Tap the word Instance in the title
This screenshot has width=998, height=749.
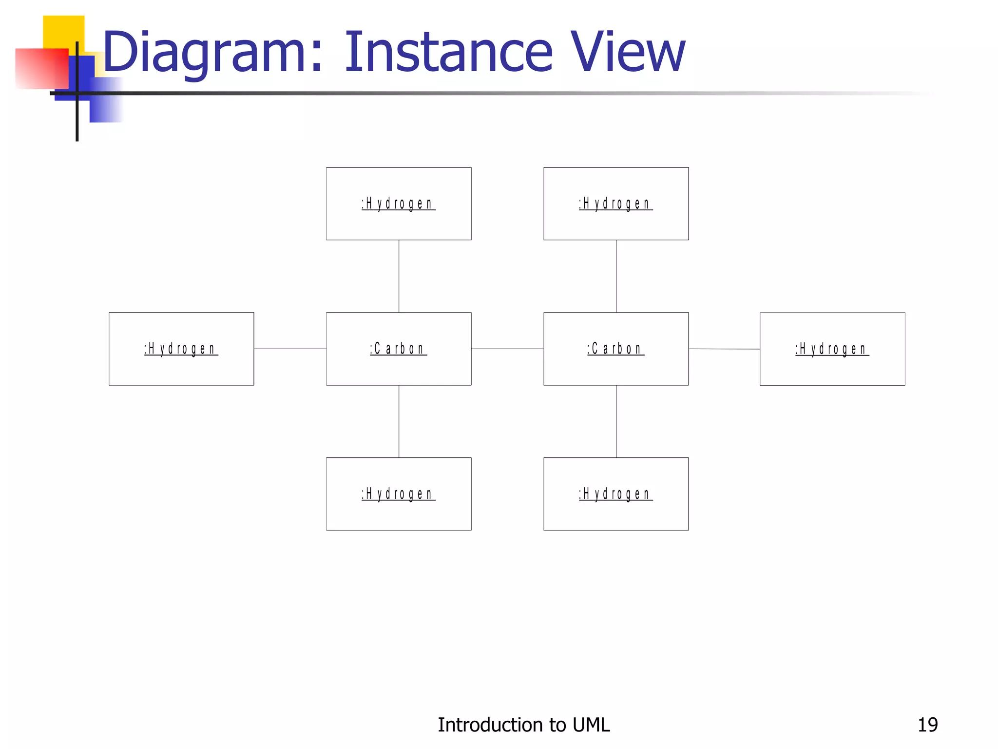pos(448,52)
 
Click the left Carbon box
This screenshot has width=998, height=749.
pos(399,349)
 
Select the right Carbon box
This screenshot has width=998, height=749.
pos(616,349)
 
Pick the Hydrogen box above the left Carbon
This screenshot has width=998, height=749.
pos(399,203)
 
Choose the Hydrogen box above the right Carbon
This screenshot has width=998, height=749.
pos(616,203)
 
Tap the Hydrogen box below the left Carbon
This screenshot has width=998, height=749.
pos(399,493)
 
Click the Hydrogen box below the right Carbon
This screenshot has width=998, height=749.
pos(616,493)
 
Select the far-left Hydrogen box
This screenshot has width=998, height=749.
pos(181,349)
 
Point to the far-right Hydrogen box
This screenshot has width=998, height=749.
pos(832,349)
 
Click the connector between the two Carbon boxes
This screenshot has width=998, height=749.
pos(507,349)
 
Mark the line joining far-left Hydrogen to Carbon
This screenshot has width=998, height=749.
pos(290,349)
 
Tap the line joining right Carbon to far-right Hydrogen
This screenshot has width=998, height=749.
pos(724,349)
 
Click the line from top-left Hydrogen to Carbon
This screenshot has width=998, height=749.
pos(399,276)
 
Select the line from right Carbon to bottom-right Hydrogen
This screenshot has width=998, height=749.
pos(616,421)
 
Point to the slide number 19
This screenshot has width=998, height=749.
pos(927,725)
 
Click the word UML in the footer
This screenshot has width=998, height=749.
pos(591,725)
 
